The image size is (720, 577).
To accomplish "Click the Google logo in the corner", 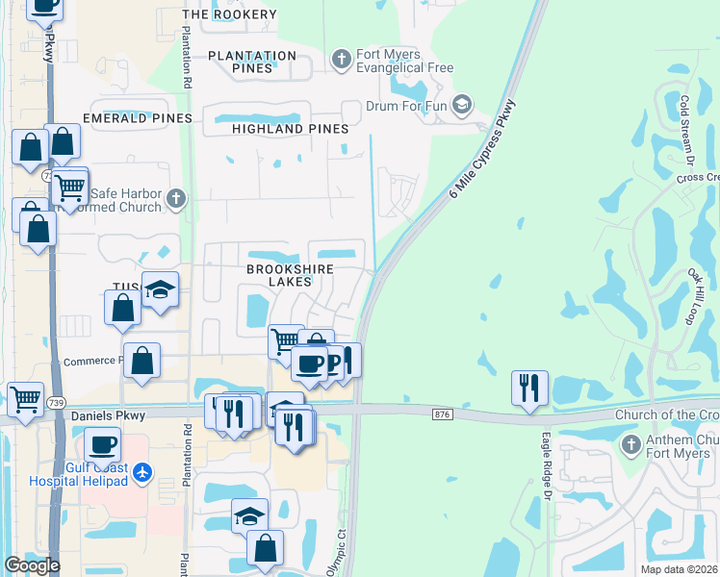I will pos(32,566).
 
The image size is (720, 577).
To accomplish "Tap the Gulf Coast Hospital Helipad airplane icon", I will pos(143,471).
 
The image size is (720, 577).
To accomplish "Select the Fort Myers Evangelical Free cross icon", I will pos(341,60).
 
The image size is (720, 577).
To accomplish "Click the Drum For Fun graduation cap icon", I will pos(462,104).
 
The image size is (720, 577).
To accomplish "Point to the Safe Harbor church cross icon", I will pos(174,199).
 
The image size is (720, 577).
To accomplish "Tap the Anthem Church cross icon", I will pos(630,445).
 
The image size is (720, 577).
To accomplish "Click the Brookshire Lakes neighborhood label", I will pos(279,276).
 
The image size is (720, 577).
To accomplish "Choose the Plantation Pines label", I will pos(252,63).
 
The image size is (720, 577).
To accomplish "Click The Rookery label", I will pos(229,14).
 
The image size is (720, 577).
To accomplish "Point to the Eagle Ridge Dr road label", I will pos(546,464).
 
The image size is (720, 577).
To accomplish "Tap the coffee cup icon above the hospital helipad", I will pos(103,445).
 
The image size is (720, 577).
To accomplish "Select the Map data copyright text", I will pos(670,569).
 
